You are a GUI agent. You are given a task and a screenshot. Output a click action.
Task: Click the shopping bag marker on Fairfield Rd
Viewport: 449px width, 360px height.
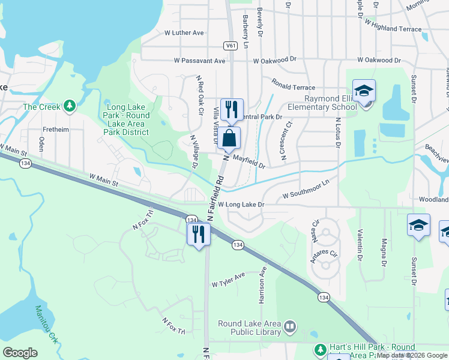coord(229,138)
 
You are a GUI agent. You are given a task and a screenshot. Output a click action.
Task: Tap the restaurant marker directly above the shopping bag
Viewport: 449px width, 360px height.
coord(232,110)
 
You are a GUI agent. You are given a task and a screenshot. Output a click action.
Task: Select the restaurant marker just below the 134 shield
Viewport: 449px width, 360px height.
coord(198,233)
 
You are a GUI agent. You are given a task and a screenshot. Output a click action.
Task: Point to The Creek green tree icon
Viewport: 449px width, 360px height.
coord(70,107)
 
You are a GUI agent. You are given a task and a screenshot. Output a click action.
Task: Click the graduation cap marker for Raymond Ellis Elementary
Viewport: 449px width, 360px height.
coord(364,91)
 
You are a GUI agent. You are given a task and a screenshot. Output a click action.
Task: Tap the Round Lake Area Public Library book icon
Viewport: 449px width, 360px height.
coord(290,327)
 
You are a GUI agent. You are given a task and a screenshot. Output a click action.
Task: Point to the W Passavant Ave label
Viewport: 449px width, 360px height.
coord(200,61)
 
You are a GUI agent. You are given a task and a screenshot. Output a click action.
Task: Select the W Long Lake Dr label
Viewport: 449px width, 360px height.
coord(241,205)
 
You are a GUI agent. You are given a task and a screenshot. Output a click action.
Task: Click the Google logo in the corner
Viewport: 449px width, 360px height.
coord(20,353)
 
